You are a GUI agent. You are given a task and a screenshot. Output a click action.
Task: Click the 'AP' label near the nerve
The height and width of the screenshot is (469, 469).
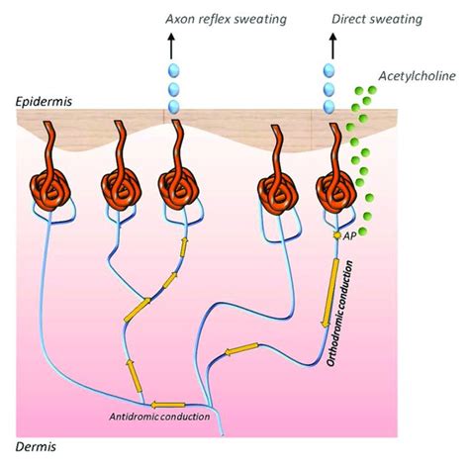[349, 236]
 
